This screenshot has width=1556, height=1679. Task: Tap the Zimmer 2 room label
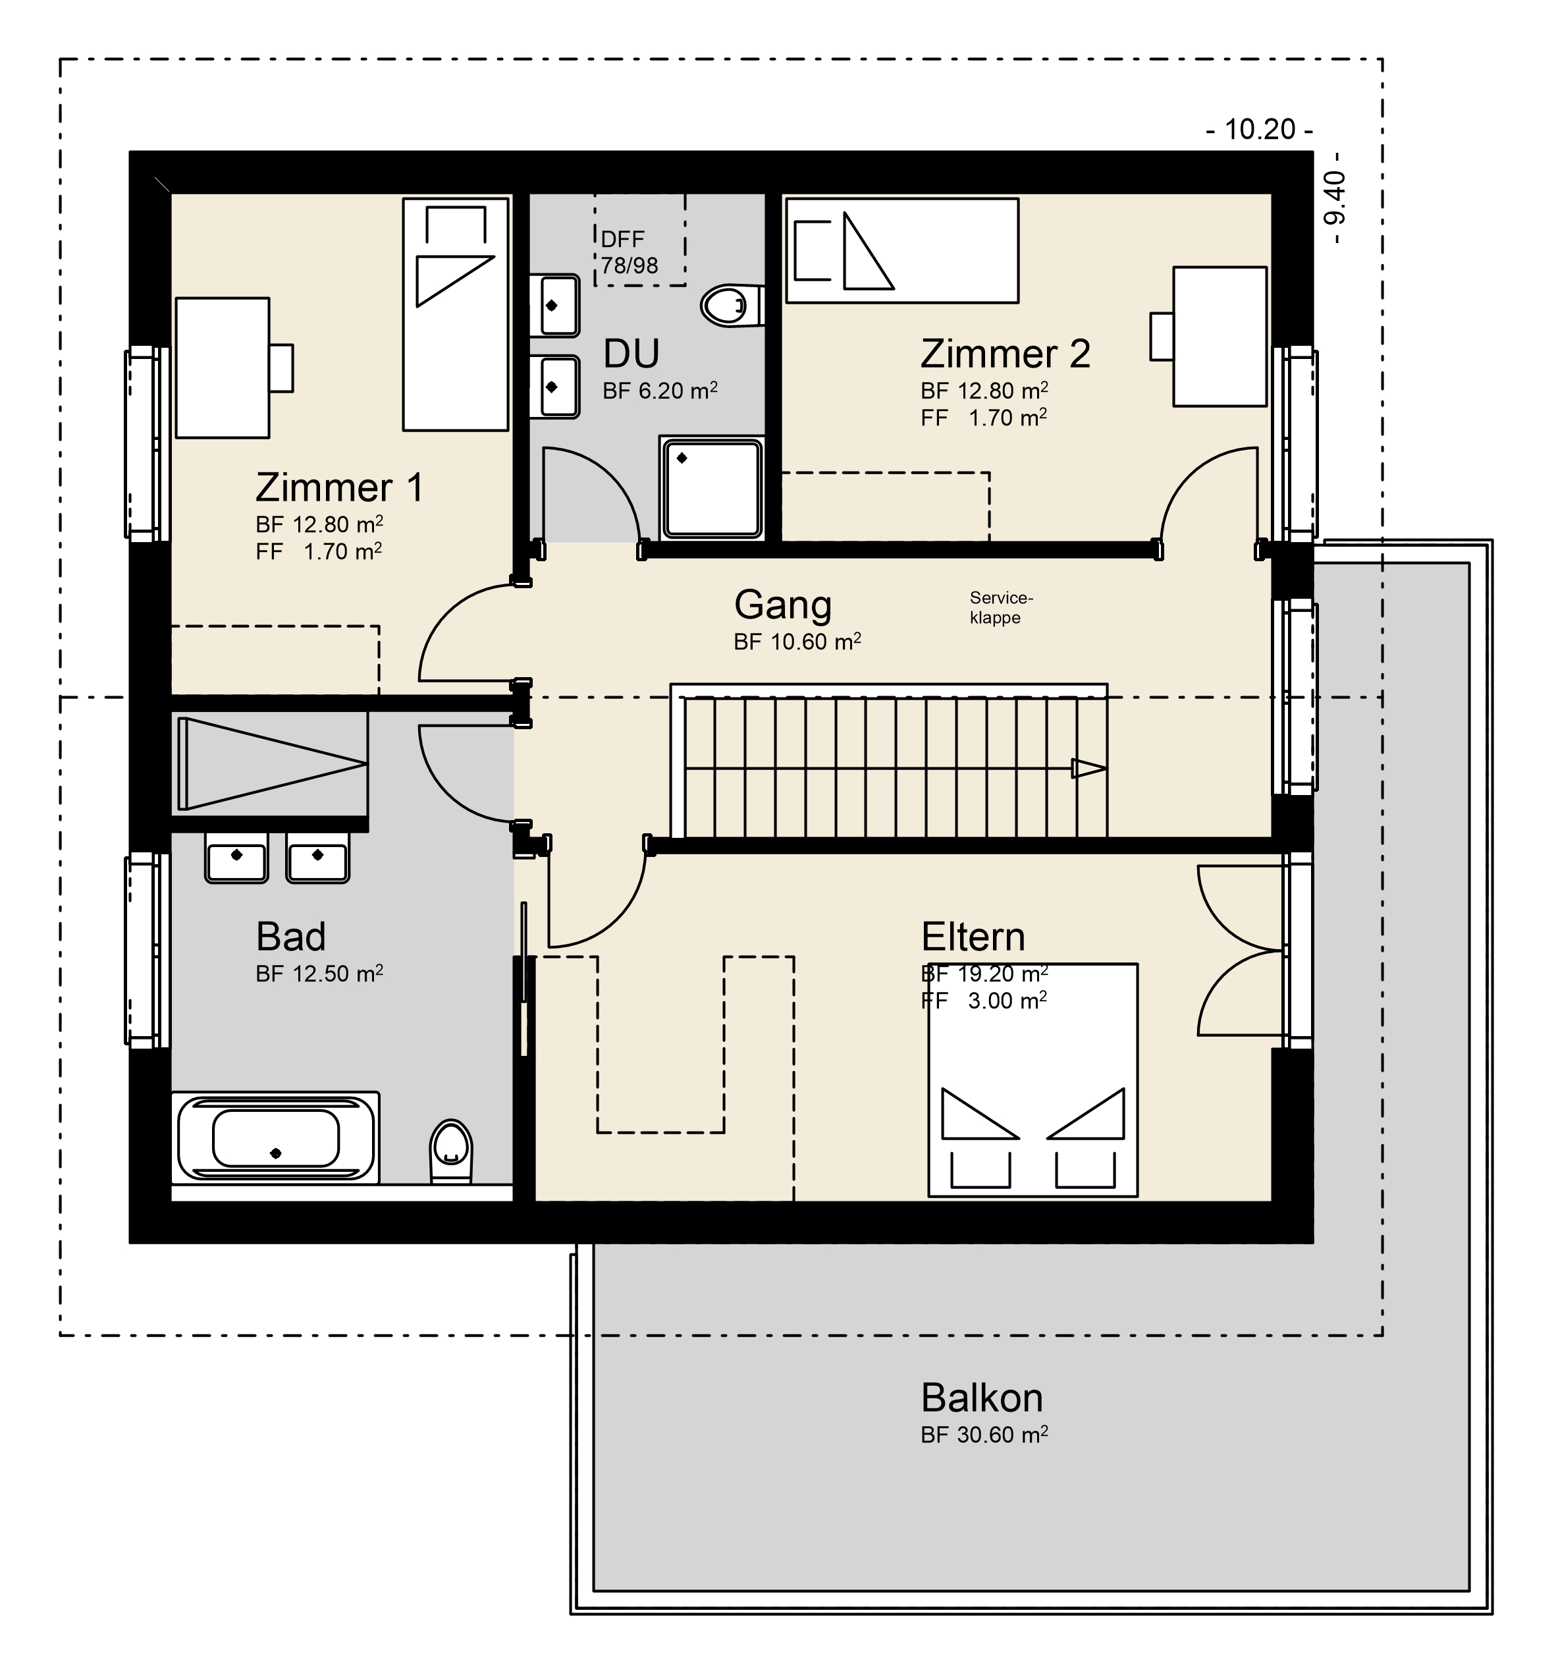(1006, 354)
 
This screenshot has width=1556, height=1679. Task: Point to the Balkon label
(982, 1398)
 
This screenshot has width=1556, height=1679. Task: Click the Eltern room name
(973, 937)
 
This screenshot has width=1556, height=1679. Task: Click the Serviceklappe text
(1000, 607)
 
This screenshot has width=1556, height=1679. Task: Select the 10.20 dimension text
(1260, 130)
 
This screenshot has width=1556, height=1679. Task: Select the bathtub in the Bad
(275, 1138)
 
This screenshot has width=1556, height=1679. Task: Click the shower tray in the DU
(712, 487)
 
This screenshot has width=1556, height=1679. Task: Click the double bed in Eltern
(1033, 1080)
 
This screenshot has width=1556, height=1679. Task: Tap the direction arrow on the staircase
(1088, 768)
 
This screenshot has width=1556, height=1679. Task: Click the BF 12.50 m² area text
(319, 974)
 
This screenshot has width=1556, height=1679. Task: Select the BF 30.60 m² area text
(984, 1435)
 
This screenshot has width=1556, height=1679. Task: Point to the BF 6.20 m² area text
(660, 391)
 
